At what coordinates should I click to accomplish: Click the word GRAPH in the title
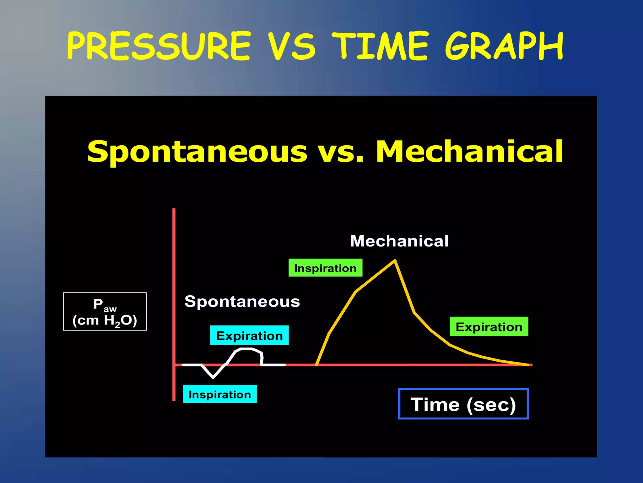[x=504, y=47]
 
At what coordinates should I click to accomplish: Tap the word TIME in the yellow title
[x=380, y=47]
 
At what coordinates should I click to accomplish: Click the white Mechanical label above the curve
[x=399, y=241]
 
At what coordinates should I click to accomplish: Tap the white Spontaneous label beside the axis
[x=242, y=302]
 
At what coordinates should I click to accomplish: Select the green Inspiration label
[x=325, y=268]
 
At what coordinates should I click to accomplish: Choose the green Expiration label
[x=489, y=327]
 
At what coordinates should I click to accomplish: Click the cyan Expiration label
[x=249, y=336]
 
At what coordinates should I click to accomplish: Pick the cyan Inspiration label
[x=220, y=394]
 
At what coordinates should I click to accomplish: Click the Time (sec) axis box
[x=463, y=404]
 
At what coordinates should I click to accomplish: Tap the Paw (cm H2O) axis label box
[x=105, y=312]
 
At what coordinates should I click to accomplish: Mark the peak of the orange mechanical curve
[x=395, y=261]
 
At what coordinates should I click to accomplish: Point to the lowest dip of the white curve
[x=213, y=377]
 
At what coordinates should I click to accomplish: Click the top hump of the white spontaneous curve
[x=246, y=349]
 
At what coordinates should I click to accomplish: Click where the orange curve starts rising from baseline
[x=316, y=365]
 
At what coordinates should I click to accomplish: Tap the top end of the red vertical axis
[x=174, y=209]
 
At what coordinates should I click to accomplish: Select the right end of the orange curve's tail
[x=529, y=365]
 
